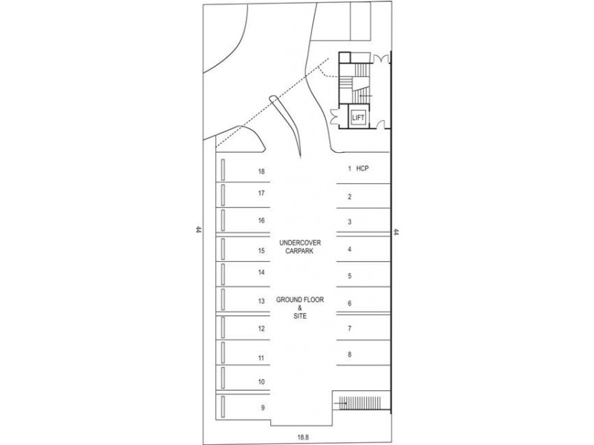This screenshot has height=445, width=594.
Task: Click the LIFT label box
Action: pyautogui.click(x=359, y=118)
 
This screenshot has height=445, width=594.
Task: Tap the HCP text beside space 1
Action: pyautogui.click(x=362, y=168)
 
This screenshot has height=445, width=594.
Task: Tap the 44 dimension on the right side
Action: pyautogui.click(x=396, y=231)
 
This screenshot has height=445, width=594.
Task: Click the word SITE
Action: pyautogui.click(x=299, y=316)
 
